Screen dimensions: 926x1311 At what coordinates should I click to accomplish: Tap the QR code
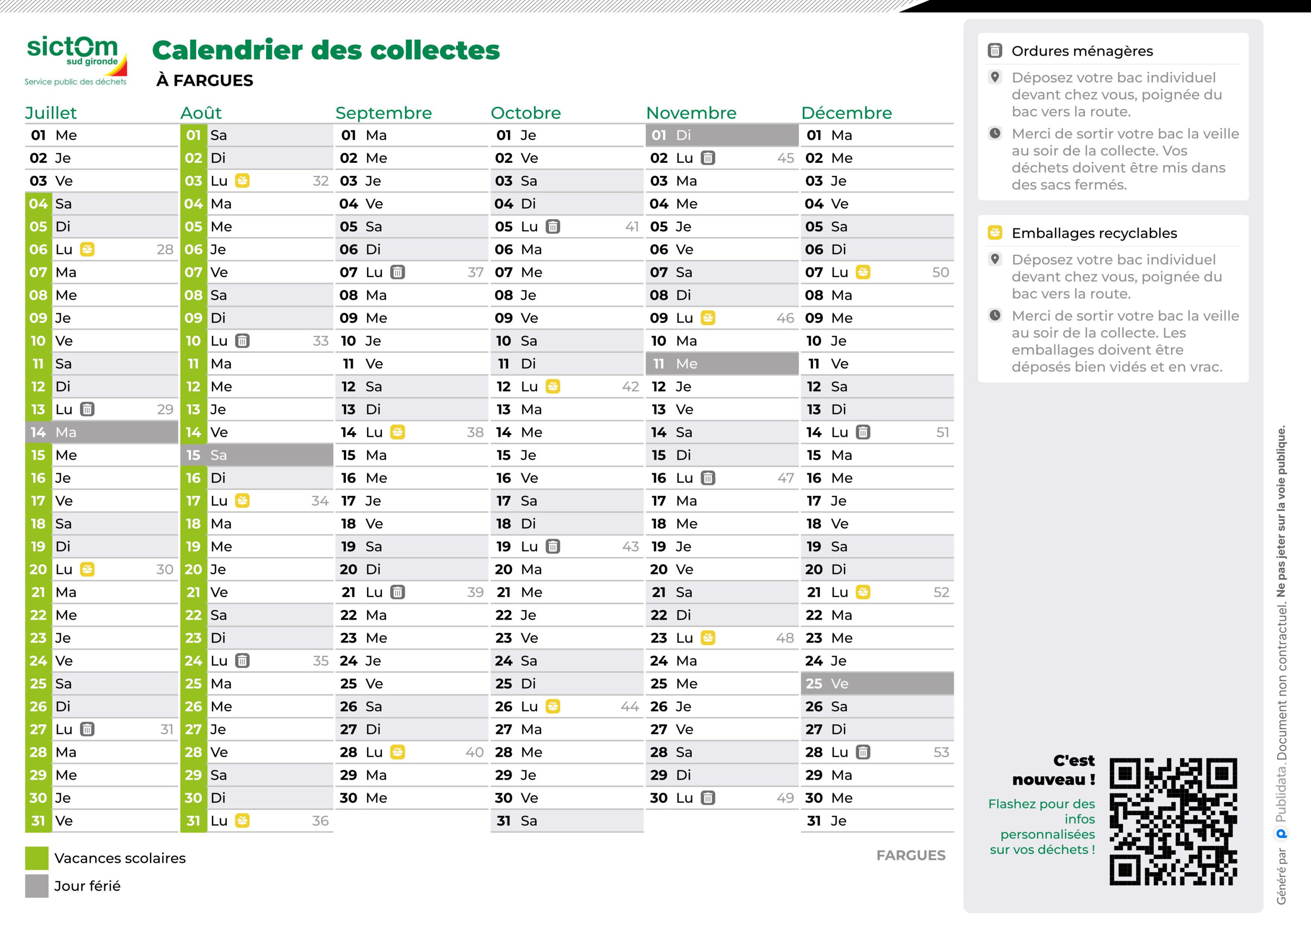point(1173,821)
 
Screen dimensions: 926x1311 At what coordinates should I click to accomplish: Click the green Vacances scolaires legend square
point(37,857)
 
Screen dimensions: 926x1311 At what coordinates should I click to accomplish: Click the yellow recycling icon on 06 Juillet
point(87,249)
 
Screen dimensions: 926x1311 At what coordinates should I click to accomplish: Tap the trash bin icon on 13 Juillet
point(87,409)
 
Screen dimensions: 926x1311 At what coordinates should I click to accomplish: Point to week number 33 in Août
point(320,341)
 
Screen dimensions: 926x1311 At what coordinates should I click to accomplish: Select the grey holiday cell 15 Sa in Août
point(257,455)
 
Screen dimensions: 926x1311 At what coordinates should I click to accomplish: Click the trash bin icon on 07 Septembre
point(397,272)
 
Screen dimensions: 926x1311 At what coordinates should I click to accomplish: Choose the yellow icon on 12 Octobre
point(553,386)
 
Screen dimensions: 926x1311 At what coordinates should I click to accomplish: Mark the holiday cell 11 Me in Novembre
point(722,363)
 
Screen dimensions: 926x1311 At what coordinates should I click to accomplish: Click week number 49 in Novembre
point(785,798)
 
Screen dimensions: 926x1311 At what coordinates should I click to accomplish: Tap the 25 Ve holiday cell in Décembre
point(877,684)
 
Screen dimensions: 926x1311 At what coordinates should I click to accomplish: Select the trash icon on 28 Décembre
point(863,752)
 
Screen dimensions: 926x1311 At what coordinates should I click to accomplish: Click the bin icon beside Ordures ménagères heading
point(995,51)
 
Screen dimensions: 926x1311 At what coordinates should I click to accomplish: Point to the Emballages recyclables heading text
point(1094,233)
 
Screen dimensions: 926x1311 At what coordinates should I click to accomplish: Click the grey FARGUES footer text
point(911,855)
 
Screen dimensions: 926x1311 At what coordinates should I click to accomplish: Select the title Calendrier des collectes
point(326,50)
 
